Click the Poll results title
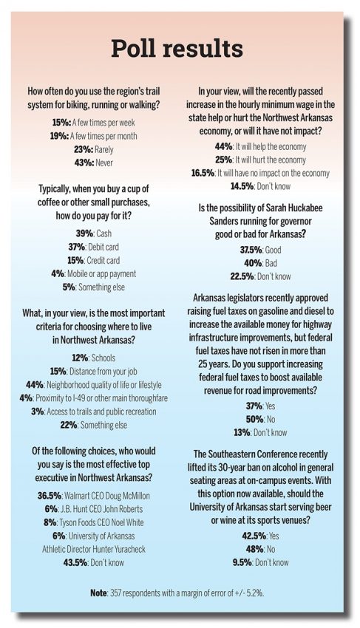(x=177, y=49)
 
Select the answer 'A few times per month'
(x=103, y=136)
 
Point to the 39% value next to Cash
(x=84, y=233)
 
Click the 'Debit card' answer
(x=103, y=247)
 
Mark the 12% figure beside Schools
(x=80, y=358)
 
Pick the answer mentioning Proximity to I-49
(x=101, y=398)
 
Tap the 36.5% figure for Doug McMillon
(x=50, y=496)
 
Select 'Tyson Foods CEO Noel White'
(x=101, y=522)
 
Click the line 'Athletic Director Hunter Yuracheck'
(x=94, y=549)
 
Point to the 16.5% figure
(x=203, y=173)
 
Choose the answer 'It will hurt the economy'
(x=271, y=160)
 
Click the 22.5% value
(x=242, y=276)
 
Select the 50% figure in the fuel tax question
(x=254, y=420)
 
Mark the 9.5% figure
(x=242, y=562)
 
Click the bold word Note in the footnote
(x=98, y=593)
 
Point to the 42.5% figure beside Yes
(x=254, y=536)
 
